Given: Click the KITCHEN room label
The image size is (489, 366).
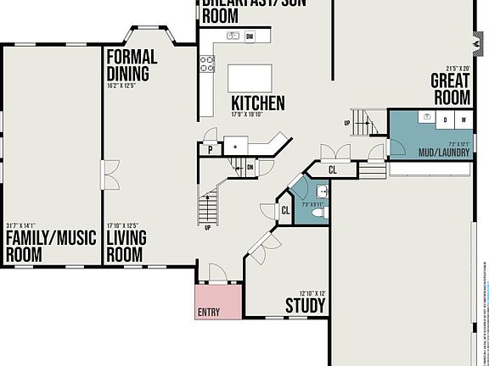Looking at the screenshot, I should pos(258,103).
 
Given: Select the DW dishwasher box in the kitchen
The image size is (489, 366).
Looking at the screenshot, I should pos(250,36).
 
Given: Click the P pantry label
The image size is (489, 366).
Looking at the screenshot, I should pos(209,150).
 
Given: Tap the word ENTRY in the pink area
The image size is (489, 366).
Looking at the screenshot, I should pos(209,312).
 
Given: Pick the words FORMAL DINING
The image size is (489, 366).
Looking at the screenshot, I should pos(132,65).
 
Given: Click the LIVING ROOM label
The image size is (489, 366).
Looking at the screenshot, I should pos(126,245).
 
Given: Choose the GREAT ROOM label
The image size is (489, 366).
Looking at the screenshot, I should pos(451,89).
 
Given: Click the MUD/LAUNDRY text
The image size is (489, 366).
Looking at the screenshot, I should pos(443,152).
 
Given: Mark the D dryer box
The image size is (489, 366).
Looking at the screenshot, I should pos(444,121).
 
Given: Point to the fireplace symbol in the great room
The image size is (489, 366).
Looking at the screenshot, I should pos(474,40).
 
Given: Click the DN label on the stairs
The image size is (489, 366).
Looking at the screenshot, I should pos(250,168).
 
